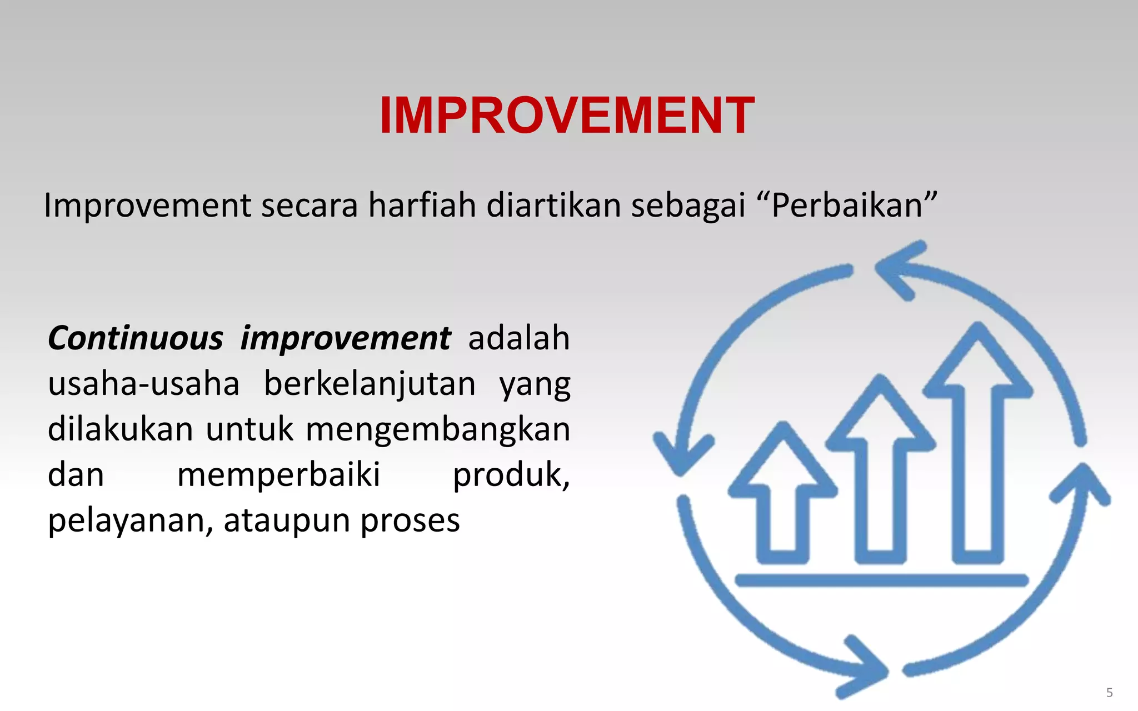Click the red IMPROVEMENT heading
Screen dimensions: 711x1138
(x=567, y=116)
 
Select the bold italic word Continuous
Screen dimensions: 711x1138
(x=136, y=338)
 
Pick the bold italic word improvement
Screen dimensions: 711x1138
(x=345, y=338)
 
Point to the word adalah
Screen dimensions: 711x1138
(x=519, y=338)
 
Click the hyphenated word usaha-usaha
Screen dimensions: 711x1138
(x=143, y=384)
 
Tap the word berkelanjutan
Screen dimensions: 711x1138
(x=370, y=385)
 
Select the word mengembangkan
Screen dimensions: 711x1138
(x=438, y=430)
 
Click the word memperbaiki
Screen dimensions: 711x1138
(x=278, y=475)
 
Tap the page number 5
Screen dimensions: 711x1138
(x=1109, y=693)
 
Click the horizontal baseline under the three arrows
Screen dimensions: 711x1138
(x=881, y=581)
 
